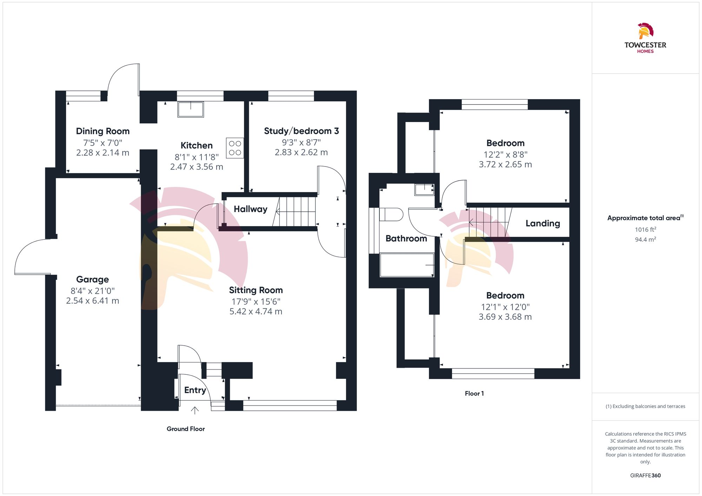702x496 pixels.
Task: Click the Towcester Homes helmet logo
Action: click(x=645, y=31)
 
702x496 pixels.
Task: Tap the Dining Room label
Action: click(x=103, y=131)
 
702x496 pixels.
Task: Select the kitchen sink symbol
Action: click(x=191, y=109)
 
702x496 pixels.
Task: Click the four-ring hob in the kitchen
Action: click(x=235, y=148)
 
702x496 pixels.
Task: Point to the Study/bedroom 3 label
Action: click(x=301, y=131)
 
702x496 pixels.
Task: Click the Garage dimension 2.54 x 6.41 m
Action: click(x=93, y=301)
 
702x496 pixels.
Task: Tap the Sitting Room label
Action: click(x=256, y=290)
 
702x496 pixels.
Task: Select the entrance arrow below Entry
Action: click(x=195, y=410)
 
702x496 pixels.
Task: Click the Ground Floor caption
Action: click(x=186, y=429)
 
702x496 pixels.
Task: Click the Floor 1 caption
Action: click(x=474, y=393)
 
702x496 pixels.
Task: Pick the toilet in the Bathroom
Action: click(x=391, y=214)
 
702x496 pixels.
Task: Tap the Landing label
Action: click(x=543, y=223)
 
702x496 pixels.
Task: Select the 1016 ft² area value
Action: click(x=645, y=230)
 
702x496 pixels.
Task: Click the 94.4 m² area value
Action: click(x=645, y=239)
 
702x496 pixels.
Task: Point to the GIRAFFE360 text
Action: click(x=645, y=475)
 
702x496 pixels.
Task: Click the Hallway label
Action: click(x=251, y=209)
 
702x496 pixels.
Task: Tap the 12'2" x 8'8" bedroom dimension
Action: click(x=505, y=155)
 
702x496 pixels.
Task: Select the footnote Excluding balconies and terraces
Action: click(x=645, y=406)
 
